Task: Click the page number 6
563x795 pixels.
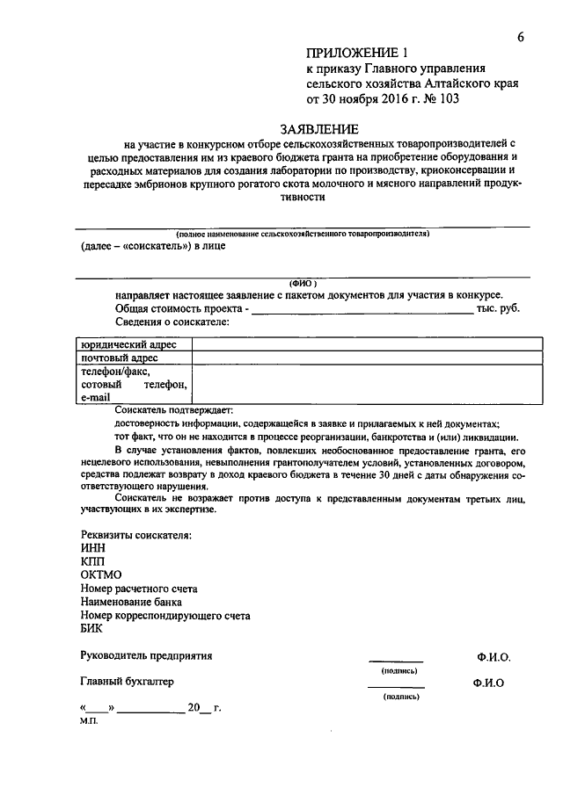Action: (521, 36)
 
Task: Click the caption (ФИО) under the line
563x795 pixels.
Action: (303, 283)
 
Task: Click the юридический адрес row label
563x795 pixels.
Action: (128, 344)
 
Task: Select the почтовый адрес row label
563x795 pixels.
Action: (120, 358)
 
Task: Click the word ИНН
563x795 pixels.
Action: (92, 546)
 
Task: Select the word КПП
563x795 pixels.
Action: (92, 560)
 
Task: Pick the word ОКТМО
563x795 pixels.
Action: (100, 575)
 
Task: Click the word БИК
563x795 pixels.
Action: (91, 629)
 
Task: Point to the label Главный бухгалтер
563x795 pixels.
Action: (128, 681)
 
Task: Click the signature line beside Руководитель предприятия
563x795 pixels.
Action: (395, 660)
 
